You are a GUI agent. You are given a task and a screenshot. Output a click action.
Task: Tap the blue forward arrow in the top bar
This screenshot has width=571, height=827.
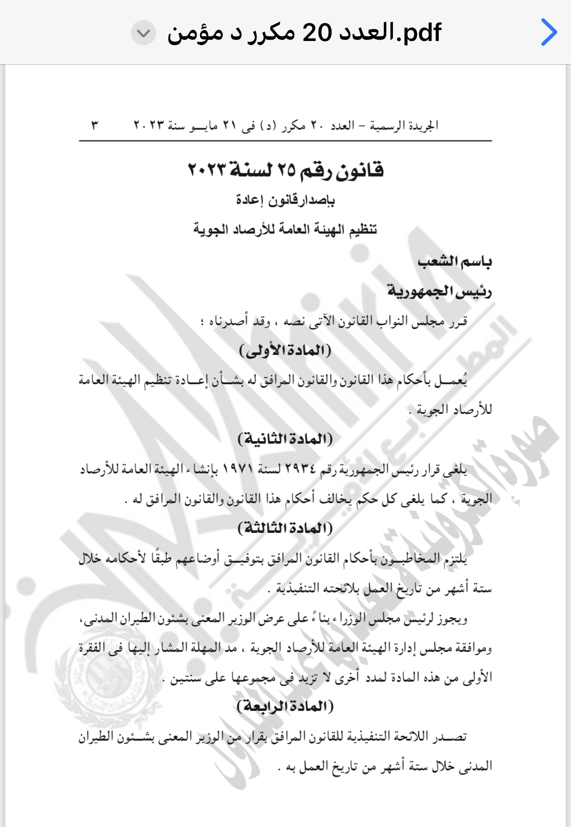[549, 33]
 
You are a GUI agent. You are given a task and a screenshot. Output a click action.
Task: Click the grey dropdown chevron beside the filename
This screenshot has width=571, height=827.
[143, 33]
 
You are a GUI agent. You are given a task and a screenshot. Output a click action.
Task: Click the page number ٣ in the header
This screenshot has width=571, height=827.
[95, 126]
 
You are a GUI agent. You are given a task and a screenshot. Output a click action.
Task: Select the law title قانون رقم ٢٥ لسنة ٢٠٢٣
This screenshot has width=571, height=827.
[285, 170]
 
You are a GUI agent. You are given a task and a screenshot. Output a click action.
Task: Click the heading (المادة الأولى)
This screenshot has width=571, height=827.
[285, 350]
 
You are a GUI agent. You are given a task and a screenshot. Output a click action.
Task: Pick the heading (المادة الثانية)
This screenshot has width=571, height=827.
[285, 439]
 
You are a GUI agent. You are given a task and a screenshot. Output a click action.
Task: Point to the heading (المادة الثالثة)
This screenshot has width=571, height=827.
[285, 528]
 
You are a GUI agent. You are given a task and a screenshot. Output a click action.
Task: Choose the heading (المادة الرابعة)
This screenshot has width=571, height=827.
[285, 706]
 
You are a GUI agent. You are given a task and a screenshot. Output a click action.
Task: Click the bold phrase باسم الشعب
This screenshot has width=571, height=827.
[454, 262]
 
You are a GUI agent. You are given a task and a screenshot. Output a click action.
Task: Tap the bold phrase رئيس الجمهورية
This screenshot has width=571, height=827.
[439, 291]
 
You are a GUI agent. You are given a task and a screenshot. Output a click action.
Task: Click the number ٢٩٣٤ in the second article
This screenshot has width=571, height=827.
[300, 470]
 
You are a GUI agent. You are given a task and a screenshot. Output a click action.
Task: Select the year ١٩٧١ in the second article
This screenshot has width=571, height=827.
[238, 470]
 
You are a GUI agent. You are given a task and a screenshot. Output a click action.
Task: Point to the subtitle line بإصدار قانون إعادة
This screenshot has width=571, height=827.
[285, 200]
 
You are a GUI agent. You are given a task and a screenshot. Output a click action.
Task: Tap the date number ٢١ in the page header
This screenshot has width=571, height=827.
[230, 126]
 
